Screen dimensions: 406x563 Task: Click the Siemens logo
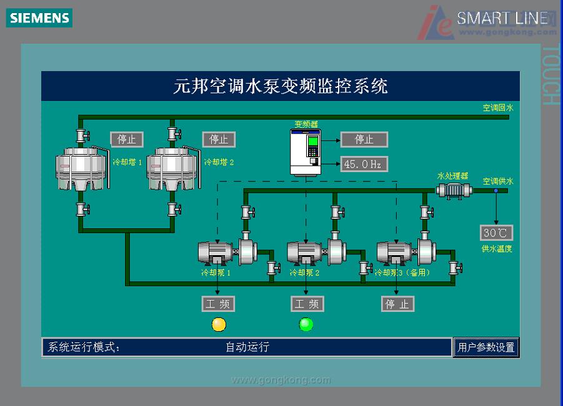pyautogui.click(x=39, y=18)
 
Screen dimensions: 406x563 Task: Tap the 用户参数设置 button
pyautogui.click(x=486, y=347)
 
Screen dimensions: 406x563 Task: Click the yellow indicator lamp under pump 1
pyautogui.click(x=219, y=324)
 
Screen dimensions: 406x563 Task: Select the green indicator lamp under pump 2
pyautogui.click(x=306, y=324)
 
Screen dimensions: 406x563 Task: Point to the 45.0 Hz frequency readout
pyautogui.click(x=364, y=164)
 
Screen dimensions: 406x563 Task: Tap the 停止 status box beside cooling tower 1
pyautogui.click(x=127, y=139)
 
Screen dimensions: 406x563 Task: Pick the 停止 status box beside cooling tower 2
pyautogui.click(x=219, y=139)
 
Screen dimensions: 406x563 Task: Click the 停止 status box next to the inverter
pyautogui.click(x=364, y=139)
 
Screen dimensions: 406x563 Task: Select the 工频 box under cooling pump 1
pyautogui.click(x=219, y=304)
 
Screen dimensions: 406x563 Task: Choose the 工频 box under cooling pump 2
pyautogui.click(x=307, y=304)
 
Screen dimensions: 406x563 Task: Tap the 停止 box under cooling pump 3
pyautogui.click(x=398, y=304)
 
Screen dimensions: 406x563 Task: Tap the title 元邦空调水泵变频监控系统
pyautogui.click(x=281, y=86)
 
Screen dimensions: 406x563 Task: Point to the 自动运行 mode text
pyautogui.click(x=247, y=347)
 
